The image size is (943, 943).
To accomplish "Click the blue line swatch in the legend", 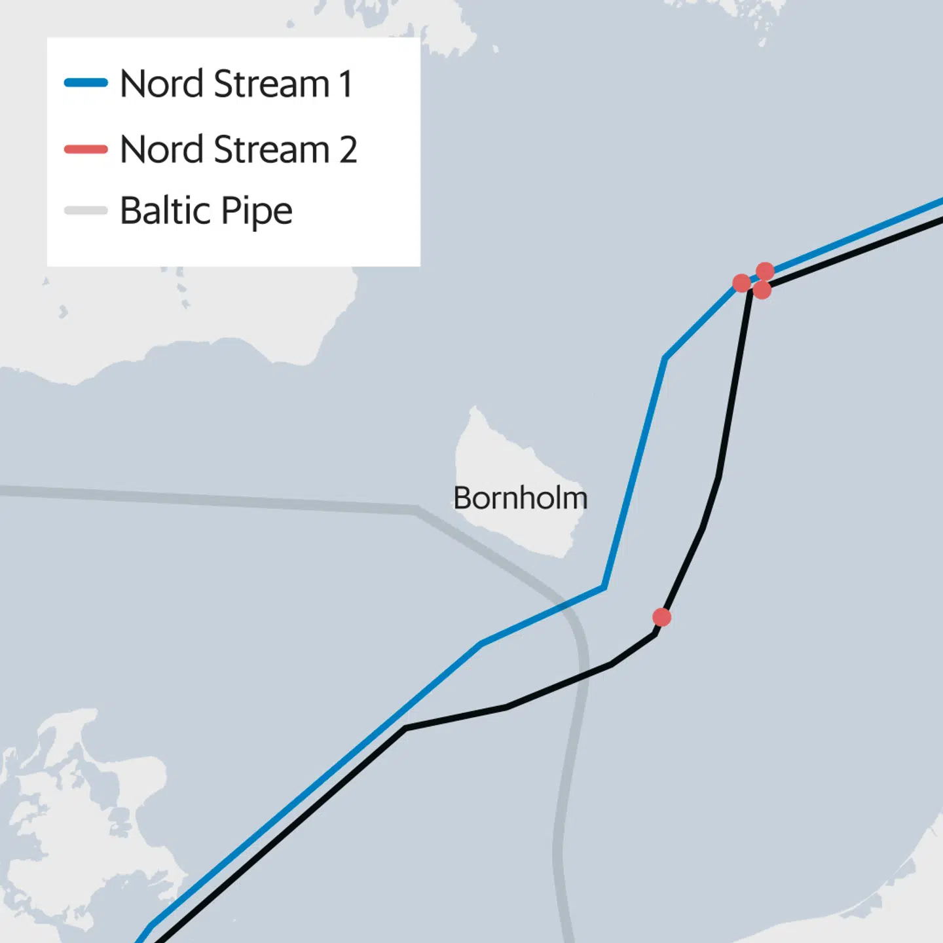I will (86, 83).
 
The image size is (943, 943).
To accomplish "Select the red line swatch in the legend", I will (86, 149).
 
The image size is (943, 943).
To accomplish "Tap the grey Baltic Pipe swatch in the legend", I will (86, 210).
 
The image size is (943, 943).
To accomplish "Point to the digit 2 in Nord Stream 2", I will (348, 150).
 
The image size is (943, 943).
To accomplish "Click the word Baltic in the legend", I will (166, 211).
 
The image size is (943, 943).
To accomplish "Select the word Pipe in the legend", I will (257, 212).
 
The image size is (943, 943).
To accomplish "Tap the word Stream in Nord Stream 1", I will (271, 84).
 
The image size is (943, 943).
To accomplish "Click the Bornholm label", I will (521, 498).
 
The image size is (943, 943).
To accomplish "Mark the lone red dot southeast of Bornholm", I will (661, 617).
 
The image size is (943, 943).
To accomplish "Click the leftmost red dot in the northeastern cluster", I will (741, 283).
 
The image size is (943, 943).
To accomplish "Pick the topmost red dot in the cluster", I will (765, 270).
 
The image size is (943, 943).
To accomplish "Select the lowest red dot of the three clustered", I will (762, 289).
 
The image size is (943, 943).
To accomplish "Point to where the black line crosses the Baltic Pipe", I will (585, 676).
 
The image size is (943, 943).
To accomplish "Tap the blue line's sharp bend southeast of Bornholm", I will (603, 587).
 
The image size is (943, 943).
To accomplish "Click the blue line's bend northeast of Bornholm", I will (665, 358).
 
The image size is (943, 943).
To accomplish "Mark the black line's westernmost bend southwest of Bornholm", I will (405, 728).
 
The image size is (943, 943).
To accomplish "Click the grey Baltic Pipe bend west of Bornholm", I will (416, 509).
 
